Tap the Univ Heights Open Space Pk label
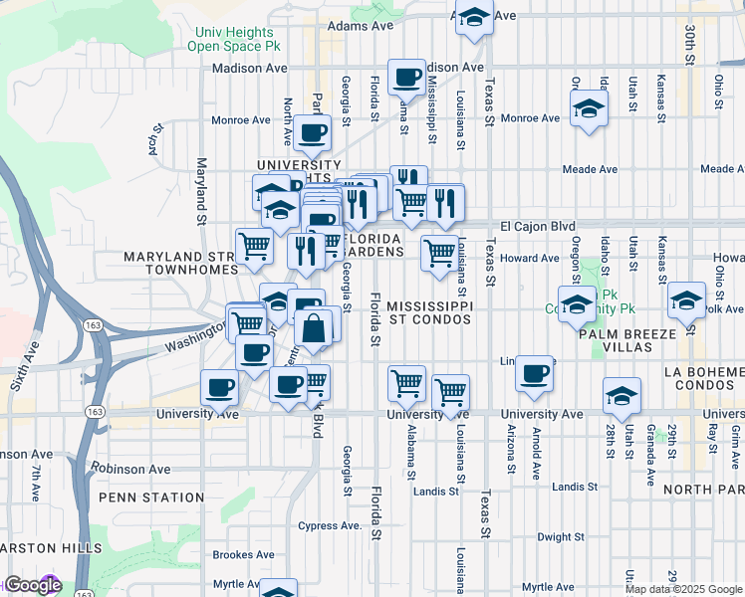(x=235, y=39)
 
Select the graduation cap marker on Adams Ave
(x=475, y=18)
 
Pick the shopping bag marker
(x=313, y=329)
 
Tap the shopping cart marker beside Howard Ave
(x=438, y=254)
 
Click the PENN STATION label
(x=150, y=497)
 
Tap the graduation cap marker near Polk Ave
(x=686, y=300)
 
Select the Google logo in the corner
(x=32, y=586)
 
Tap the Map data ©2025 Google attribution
(x=683, y=589)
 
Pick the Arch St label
(x=155, y=133)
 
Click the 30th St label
(x=689, y=45)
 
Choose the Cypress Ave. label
(x=330, y=525)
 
